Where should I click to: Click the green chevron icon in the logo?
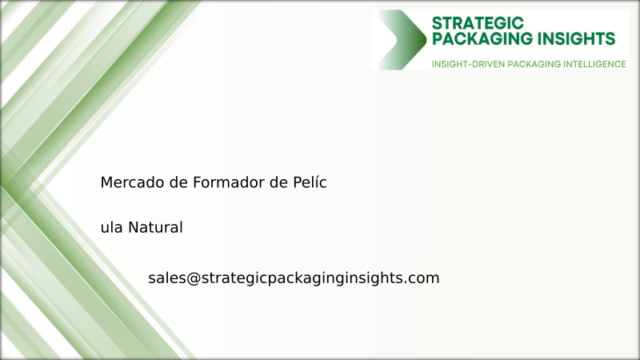(x=402, y=39)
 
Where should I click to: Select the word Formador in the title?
(x=228, y=182)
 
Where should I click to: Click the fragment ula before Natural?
(x=111, y=227)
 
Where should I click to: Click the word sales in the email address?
(x=166, y=278)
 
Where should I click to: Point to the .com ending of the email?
(x=423, y=278)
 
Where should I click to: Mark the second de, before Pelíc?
(x=277, y=182)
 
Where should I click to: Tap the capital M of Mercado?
(x=106, y=182)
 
